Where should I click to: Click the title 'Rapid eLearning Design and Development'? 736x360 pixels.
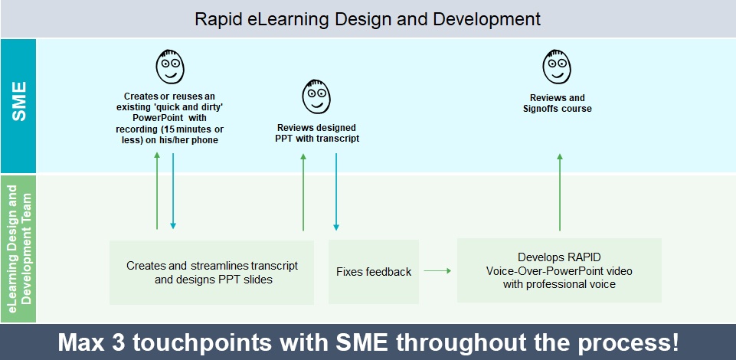(368, 19)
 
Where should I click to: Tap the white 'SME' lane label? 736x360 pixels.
(19, 101)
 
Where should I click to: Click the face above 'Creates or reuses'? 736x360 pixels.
(170, 66)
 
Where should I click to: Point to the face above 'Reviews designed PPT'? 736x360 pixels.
(316, 96)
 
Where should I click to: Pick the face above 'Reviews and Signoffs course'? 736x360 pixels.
(557, 66)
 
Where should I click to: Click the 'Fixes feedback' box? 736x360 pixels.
(374, 272)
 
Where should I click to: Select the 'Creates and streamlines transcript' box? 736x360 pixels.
(211, 273)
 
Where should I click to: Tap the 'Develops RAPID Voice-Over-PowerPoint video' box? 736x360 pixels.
(560, 270)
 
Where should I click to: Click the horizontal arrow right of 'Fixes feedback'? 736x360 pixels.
(437, 271)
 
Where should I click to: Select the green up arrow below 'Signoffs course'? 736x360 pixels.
(560, 192)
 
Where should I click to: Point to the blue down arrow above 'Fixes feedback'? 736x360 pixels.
(336, 192)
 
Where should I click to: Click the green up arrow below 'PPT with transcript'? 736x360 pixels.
(303, 192)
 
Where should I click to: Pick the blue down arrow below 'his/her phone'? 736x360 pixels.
(173, 191)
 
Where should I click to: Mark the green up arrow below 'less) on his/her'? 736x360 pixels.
(157, 191)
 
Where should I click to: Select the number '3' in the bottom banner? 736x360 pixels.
(119, 342)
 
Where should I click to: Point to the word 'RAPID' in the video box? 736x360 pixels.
(585, 257)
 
